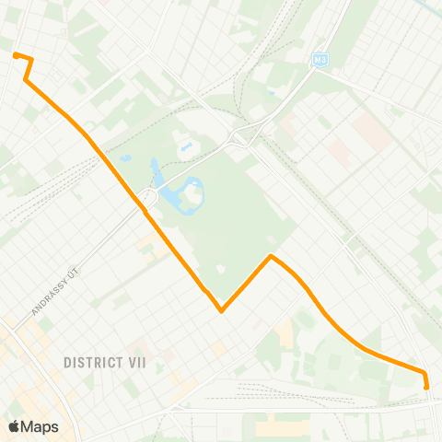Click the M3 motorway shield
[x=320, y=60]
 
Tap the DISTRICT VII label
[x=105, y=363]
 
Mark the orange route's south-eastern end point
[x=426, y=388]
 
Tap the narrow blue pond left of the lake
[x=155, y=172]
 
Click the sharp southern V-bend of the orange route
[x=222, y=310]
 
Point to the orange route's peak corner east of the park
[x=270, y=256]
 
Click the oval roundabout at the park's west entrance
[x=146, y=197]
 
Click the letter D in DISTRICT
[x=68, y=363]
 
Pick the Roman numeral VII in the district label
[x=134, y=363]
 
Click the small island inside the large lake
[x=194, y=191]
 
